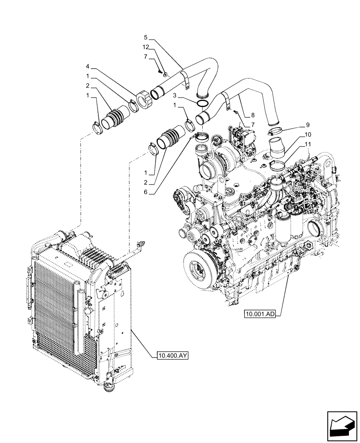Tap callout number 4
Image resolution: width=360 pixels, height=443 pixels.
pos(88,67)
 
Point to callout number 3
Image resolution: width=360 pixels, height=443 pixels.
pos(176,96)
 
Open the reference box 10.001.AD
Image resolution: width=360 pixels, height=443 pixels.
pos(260,314)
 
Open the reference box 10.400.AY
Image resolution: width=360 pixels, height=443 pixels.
pos(172,355)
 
